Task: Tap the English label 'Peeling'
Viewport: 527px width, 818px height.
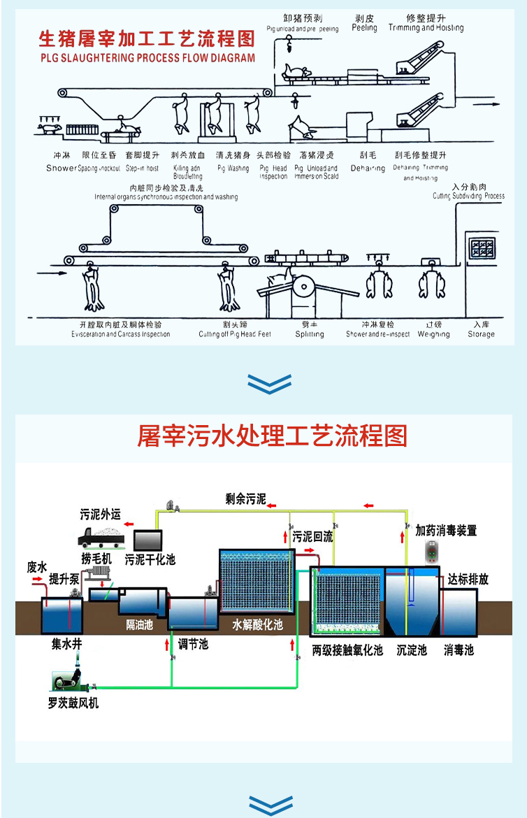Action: [x=364, y=29]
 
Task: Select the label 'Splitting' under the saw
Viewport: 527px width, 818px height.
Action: [x=309, y=334]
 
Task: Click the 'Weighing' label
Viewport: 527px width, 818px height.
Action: [x=433, y=334]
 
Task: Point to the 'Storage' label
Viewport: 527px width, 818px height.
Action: [x=481, y=334]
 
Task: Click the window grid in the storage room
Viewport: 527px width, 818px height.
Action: [x=482, y=248]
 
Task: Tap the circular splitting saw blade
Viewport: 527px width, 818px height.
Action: [x=305, y=285]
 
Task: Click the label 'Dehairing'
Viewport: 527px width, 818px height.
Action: [x=368, y=168]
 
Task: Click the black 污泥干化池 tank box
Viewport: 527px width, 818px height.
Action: [x=147, y=539]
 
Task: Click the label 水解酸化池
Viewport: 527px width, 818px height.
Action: [x=257, y=624]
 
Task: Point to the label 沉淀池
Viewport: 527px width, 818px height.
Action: [x=411, y=650]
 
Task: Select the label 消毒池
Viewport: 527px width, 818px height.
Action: [x=459, y=650]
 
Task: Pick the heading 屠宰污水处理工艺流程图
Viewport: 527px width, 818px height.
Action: [x=272, y=436]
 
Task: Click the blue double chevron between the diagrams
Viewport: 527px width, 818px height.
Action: [x=270, y=382]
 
